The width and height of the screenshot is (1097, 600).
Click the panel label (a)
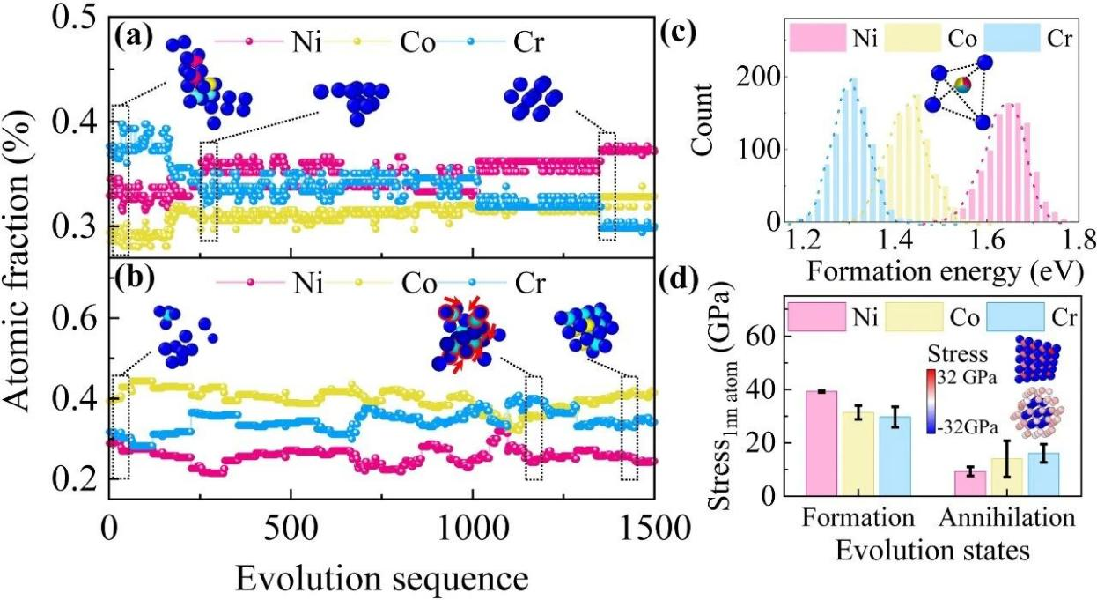click(x=131, y=41)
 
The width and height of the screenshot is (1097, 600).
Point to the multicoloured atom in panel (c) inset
click(x=962, y=85)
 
